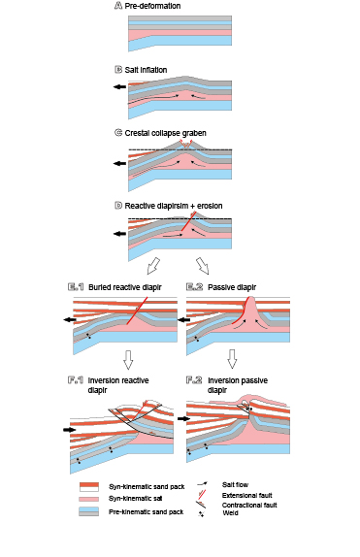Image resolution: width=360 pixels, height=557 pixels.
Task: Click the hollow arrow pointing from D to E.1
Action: coord(152,265)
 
